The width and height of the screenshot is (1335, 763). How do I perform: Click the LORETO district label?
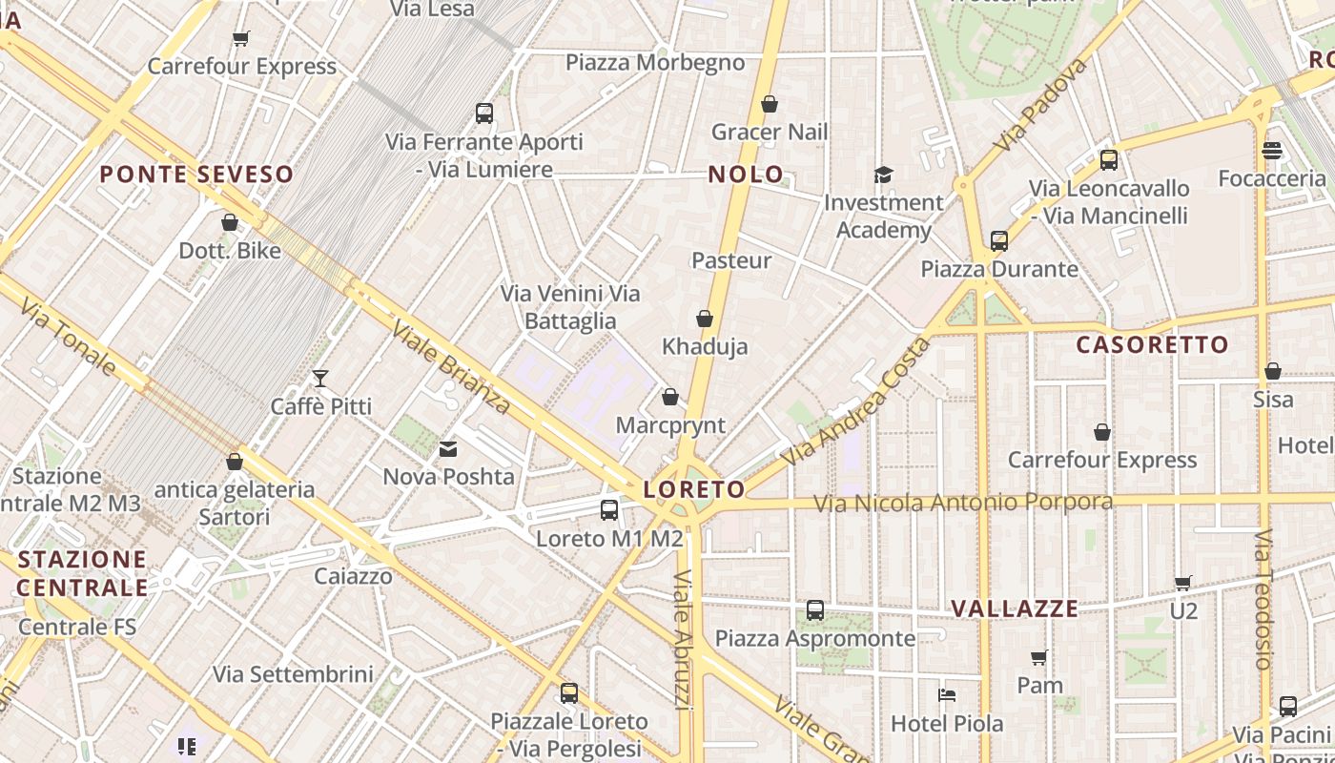[694, 490]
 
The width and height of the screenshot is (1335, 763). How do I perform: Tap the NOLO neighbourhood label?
[746, 175]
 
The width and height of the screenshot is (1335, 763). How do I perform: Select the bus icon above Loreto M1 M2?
[609, 510]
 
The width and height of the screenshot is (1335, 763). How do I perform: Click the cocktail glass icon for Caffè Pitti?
[320, 379]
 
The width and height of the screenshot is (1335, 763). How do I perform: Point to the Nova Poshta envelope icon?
[448, 448]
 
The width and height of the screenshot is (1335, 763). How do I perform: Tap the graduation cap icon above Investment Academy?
[883, 175]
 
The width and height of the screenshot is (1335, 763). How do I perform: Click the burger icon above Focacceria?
[1271, 151]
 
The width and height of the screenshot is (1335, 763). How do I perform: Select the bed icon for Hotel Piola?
[947, 695]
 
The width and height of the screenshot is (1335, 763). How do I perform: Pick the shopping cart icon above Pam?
[1039, 657]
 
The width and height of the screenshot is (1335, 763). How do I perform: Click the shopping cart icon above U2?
[1183, 583]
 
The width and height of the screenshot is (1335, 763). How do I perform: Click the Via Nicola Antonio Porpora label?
[962, 503]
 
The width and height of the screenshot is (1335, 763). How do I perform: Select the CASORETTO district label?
[1152, 345]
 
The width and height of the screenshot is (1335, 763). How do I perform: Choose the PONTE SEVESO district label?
[196, 175]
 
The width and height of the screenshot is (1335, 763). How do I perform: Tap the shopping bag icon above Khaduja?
[705, 319]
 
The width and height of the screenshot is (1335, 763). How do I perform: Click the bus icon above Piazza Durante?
[999, 241]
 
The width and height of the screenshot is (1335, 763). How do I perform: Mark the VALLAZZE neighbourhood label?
[1015, 608]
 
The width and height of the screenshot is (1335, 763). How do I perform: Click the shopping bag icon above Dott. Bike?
[230, 223]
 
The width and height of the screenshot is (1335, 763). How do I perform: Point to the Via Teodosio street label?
[1263, 599]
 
